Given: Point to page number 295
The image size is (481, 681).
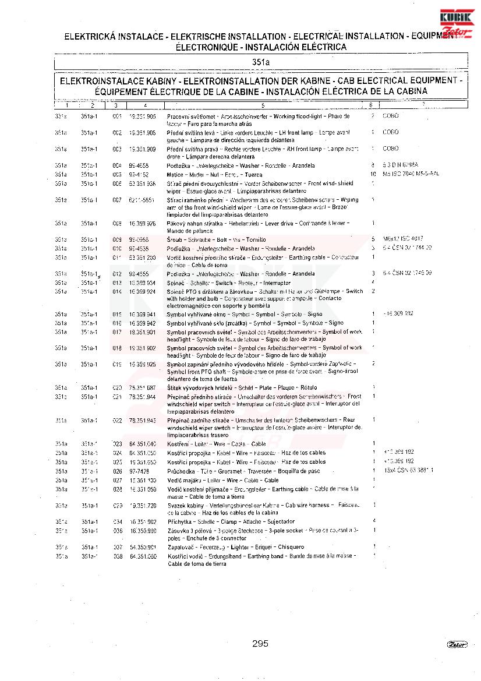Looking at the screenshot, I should pyautogui.click(x=260, y=643).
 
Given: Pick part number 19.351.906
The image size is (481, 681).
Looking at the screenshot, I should pyautogui.click(x=142, y=117).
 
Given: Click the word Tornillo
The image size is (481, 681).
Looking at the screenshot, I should pyautogui.click(x=256, y=239).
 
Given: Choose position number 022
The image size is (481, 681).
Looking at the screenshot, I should pyautogui.click(x=117, y=420).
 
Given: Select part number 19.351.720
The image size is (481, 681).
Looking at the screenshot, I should pyautogui.click(x=142, y=505).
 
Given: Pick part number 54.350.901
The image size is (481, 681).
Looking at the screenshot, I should pyautogui.click(x=142, y=547).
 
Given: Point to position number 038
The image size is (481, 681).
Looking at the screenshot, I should pyautogui.click(x=117, y=556).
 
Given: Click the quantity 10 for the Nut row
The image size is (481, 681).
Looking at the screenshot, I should pyautogui.click(x=373, y=174).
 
